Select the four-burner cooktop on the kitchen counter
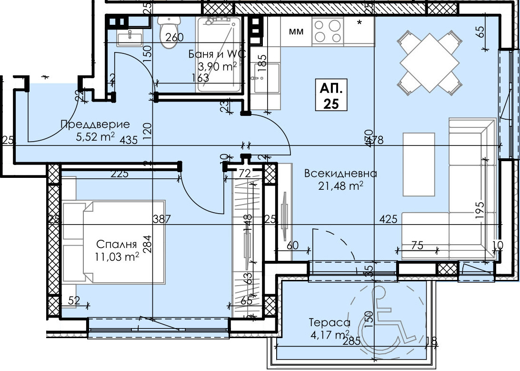point(328,31)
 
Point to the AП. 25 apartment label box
point(331,95)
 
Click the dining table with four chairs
point(430,61)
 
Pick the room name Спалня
point(117,245)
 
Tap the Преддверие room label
point(95,125)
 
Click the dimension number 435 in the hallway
point(130,140)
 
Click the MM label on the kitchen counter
point(297,32)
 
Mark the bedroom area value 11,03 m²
point(117,258)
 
